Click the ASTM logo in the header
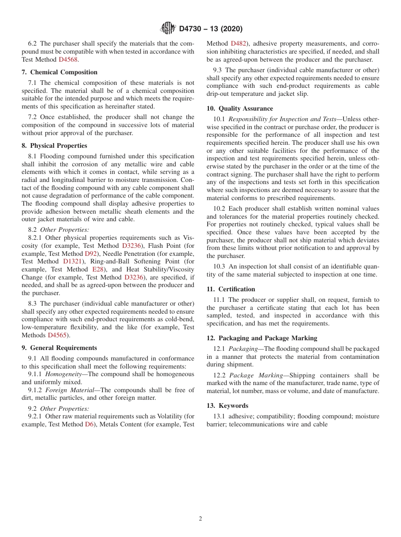(x=168, y=29)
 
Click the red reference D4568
(x=68, y=60)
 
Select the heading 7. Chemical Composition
(x=60, y=72)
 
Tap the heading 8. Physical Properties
(x=54, y=146)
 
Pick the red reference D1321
(x=72, y=261)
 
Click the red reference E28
(x=96, y=269)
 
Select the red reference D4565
(x=57, y=335)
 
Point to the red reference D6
(x=89, y=424)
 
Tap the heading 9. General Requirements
(x=59, y=348)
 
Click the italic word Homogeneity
(x=63, y=374)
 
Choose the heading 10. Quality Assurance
(x=240, y=108)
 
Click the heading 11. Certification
(x=231, y=289)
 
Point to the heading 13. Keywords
(x=228, y=406)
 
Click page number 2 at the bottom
(x=200, y=519)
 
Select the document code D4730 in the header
(x=191, y=29)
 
